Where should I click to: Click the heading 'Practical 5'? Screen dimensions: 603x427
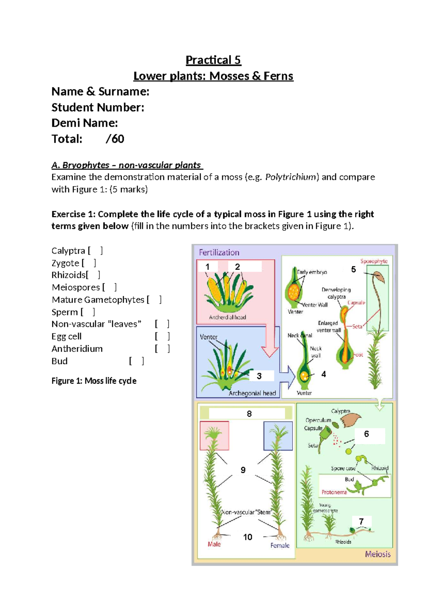tap(213, 60)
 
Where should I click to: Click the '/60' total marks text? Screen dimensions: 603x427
tap(115, 139)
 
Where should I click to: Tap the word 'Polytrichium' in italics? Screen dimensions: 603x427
tap(292, 177)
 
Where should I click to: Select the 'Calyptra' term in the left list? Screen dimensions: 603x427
tap(68, 251)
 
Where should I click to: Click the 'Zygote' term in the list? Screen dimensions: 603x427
tap(65, 263)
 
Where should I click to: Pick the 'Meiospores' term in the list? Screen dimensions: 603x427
tap(76, 287)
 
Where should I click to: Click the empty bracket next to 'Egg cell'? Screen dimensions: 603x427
tap(162, 336)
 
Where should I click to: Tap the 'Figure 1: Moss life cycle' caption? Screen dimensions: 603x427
tap(94, 381)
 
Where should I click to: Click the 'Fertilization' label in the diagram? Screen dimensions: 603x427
tap(219, 252)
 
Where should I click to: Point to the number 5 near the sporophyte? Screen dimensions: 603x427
tap(353, 270)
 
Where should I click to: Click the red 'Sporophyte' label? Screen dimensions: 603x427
tap(374, 261)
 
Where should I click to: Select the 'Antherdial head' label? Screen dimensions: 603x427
tap(227, 317)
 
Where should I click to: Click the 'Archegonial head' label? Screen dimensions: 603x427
tap(252, 393)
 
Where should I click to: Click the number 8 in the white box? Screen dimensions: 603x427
tap(249, 414)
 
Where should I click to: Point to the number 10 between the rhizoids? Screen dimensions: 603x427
tap(248, 537)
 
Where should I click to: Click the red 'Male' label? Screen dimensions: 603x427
tap(214, 544)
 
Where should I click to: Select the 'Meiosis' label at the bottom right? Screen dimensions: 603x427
tap(378, 554)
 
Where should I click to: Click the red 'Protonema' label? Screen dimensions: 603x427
tap(334, 492)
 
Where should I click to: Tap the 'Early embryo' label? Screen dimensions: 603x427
tap(312, 272)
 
